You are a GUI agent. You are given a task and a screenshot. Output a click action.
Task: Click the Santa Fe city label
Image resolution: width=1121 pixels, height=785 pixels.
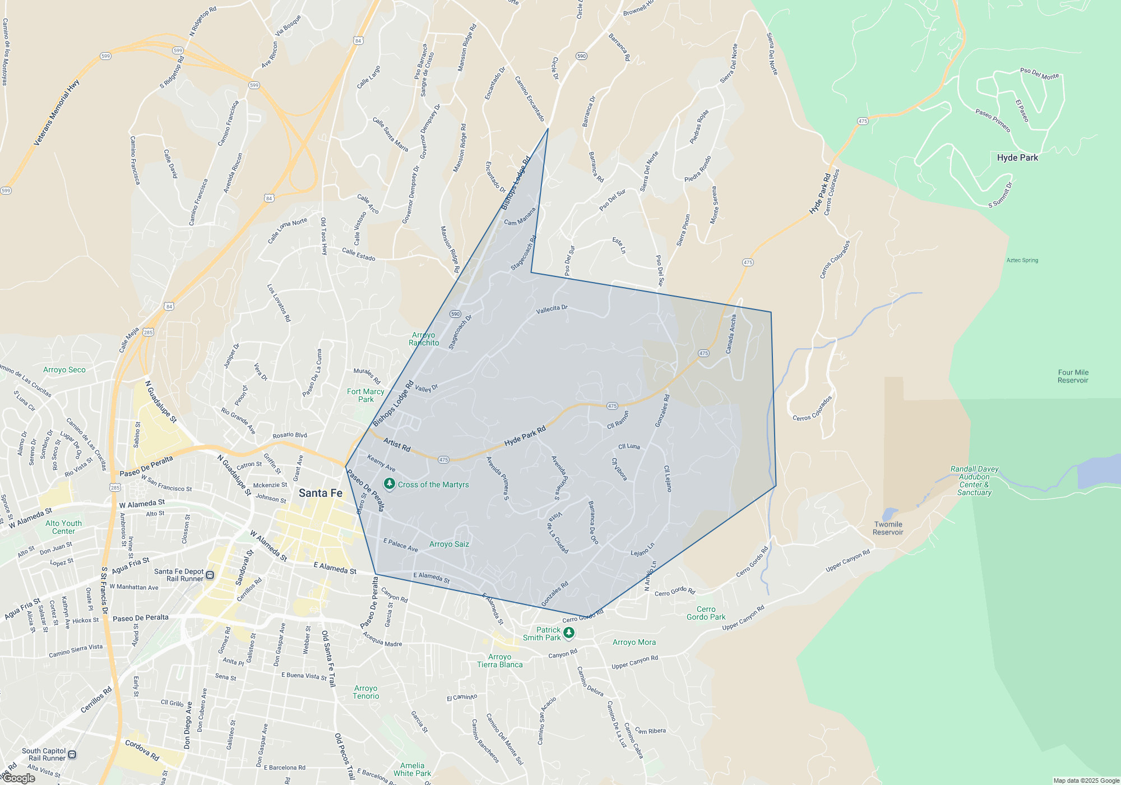point(320,493)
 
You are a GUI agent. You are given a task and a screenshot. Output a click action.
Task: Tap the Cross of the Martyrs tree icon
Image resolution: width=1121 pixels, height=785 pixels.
point(390,483)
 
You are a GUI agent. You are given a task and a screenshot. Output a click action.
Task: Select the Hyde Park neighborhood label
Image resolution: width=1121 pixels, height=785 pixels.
point(1017,158)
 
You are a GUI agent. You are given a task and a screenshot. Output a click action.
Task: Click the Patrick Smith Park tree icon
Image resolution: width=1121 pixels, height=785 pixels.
point(569,632)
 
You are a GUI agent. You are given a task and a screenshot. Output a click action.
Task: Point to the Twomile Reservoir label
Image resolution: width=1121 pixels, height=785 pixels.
point(888,528)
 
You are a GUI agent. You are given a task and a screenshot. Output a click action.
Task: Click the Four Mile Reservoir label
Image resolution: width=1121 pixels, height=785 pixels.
point(1073,376)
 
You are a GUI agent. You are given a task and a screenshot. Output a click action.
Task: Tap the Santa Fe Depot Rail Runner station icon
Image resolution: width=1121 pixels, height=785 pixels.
point(210,575)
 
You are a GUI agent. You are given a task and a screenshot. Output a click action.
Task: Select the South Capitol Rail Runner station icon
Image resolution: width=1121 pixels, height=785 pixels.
point(72,755)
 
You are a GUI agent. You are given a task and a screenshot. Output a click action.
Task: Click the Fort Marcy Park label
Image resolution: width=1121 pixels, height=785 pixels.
point(365,395)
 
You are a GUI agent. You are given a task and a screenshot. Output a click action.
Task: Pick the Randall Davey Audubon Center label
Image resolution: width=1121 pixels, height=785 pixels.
point(974,481)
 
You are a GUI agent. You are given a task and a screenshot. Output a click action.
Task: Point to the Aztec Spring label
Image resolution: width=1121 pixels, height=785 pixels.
point(1022,260)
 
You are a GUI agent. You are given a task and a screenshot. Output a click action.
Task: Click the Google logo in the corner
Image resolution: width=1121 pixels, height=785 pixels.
point(19,778)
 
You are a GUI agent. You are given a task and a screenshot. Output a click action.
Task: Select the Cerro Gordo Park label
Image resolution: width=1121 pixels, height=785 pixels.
point(706,613)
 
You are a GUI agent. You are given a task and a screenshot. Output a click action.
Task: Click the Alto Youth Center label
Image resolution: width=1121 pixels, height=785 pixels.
point(63,527)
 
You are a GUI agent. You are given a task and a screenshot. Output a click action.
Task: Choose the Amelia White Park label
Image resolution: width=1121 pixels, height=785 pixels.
point(412,769)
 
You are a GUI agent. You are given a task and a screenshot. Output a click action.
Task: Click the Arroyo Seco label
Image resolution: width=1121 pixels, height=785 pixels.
point(64,370)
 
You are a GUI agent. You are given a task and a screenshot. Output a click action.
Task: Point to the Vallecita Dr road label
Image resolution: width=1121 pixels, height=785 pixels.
point(552,309)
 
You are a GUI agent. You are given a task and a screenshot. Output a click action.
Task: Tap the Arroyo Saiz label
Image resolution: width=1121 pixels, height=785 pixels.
point(449,544)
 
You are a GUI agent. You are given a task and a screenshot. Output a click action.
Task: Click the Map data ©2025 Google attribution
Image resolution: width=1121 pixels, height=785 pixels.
point(1086,781)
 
